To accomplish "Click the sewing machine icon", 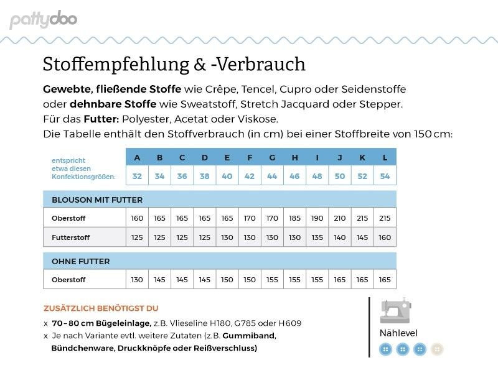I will (396, 310).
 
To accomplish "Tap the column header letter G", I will (272, 157).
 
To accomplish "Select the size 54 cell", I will (385, 176).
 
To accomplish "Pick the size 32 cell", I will (137, 176).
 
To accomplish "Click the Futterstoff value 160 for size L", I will (385, 237).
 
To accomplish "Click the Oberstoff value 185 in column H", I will (294, 218).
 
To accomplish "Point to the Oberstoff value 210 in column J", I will (340, 218).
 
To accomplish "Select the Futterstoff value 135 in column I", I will (317, 237).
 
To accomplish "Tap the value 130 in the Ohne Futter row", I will (137, 280).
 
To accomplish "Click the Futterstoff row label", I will (70, 237).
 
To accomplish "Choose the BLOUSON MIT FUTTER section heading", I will (97, 200).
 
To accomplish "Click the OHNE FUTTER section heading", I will (80, 261).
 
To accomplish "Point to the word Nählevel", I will (398, 333).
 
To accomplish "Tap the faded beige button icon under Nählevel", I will (438, 349).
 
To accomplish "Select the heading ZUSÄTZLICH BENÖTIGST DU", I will (101, 308).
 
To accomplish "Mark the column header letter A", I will (137, 157).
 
